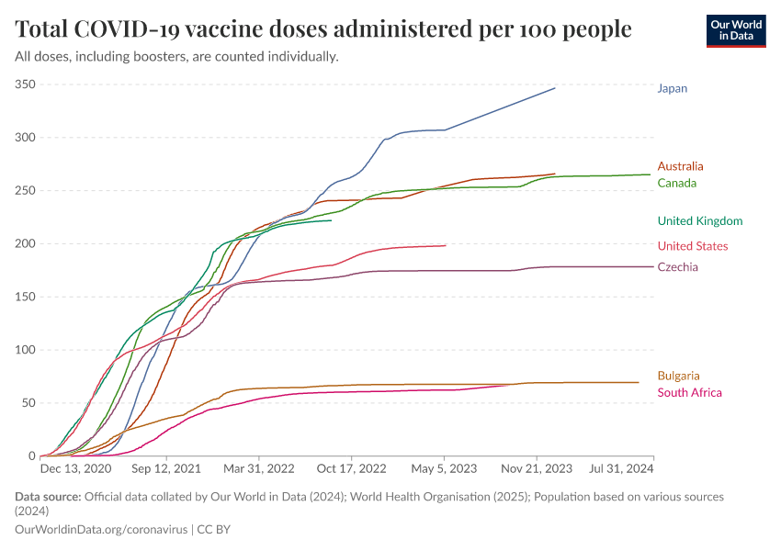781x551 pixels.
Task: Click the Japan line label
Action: [x=672, y=89]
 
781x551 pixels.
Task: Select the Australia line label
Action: [x=680, y=166]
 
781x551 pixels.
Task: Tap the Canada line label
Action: [x=676, y=183]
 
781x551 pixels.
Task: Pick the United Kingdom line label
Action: [x=699, y=221]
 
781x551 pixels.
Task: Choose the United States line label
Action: [x=692, y=246]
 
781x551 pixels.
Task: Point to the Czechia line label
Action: [x=677, y=267]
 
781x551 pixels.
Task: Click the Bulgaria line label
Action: [x=678, y=376]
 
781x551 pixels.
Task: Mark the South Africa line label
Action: [x=689, y=393]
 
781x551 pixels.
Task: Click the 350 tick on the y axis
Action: [x=25, y=84]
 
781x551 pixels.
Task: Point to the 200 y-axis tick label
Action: [x=25, y=243]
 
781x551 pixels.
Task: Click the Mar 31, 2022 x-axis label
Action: [x=260, y=469]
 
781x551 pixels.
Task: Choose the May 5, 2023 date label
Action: [x=445, y=469]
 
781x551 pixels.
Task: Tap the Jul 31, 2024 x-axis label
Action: [x=622, y=469]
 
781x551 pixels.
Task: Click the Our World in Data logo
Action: [x=736, y=30]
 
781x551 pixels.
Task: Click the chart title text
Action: [x=323, y=29]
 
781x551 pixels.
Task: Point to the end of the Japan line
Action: [x=555, y=88]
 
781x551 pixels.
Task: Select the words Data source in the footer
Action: [x=48, y=497]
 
